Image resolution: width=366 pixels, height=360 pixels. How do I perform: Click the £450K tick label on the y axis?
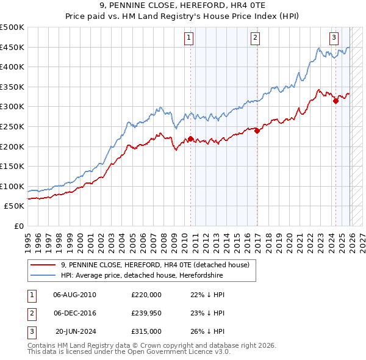point(13,47)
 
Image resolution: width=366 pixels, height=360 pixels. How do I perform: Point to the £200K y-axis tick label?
point(13,146)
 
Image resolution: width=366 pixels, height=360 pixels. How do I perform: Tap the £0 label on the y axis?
point(18,226)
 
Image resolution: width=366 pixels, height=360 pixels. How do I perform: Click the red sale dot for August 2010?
point(190,139)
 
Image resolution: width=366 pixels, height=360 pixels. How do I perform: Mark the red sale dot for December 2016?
point(257,131)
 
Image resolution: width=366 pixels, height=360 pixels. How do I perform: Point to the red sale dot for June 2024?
point(335,101)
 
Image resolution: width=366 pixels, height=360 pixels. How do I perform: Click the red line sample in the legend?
point(43,265)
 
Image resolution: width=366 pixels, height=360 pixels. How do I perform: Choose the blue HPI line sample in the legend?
point(43,276)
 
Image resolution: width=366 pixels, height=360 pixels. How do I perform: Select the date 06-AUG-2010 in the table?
point(74,295)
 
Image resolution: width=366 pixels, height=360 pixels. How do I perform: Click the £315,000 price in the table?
point(146,331)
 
